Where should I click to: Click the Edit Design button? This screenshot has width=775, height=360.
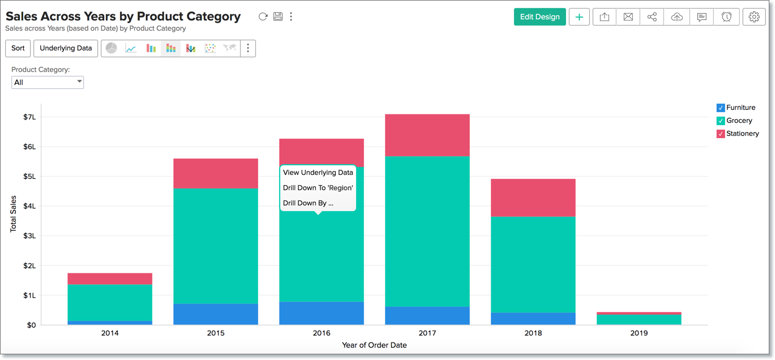(x=539, y=17)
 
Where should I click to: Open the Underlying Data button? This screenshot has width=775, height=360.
(x=66, y=48)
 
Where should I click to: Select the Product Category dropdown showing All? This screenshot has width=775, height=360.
(x=48, y=83)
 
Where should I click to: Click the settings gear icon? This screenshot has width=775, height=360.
(x=753, y=17)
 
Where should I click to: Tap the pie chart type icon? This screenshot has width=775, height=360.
(x=112, y=48)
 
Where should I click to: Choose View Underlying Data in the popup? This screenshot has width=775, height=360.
(x=318, y=173)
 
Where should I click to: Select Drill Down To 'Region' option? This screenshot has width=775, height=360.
(x=318, y=188)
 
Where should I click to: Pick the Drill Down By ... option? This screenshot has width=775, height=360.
(x=308, y=203)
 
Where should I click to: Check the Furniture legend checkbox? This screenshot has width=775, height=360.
(x=721, y=108)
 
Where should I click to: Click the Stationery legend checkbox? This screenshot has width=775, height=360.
(x=721, y=134)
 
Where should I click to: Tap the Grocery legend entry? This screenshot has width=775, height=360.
(x=739, y=121)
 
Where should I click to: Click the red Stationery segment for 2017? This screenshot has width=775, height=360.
(x=427, y=135)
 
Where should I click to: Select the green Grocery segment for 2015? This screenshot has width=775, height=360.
(x=216, y=246)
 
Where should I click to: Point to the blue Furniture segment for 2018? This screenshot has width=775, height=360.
(x=533, y=319)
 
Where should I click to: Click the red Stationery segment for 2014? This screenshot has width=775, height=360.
(x=110, y=278)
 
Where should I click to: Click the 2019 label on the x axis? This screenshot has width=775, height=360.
(x=639, y=333)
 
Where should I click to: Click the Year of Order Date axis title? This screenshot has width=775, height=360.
(x=374, y=345)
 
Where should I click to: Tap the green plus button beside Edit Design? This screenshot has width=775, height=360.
(x=579, y=17)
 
